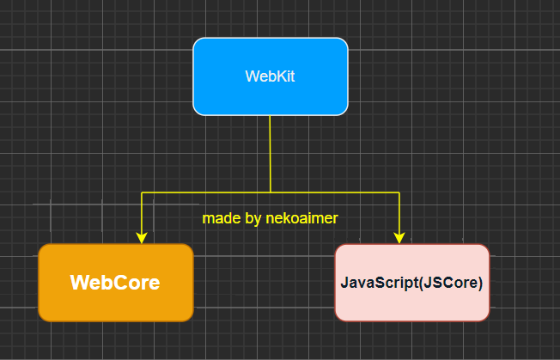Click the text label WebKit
click(271, 76)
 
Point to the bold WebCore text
click(115, 283)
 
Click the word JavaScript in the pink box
click(375, 283)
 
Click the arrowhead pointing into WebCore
click(142, 237)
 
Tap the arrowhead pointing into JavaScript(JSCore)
click(399, 237)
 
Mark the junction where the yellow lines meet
click(271, 192)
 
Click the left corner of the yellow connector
click(142, 192)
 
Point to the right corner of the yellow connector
click(399, 192)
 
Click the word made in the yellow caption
click(221, 219)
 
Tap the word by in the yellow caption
click(253, 219)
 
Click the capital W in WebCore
click(78, 283)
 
